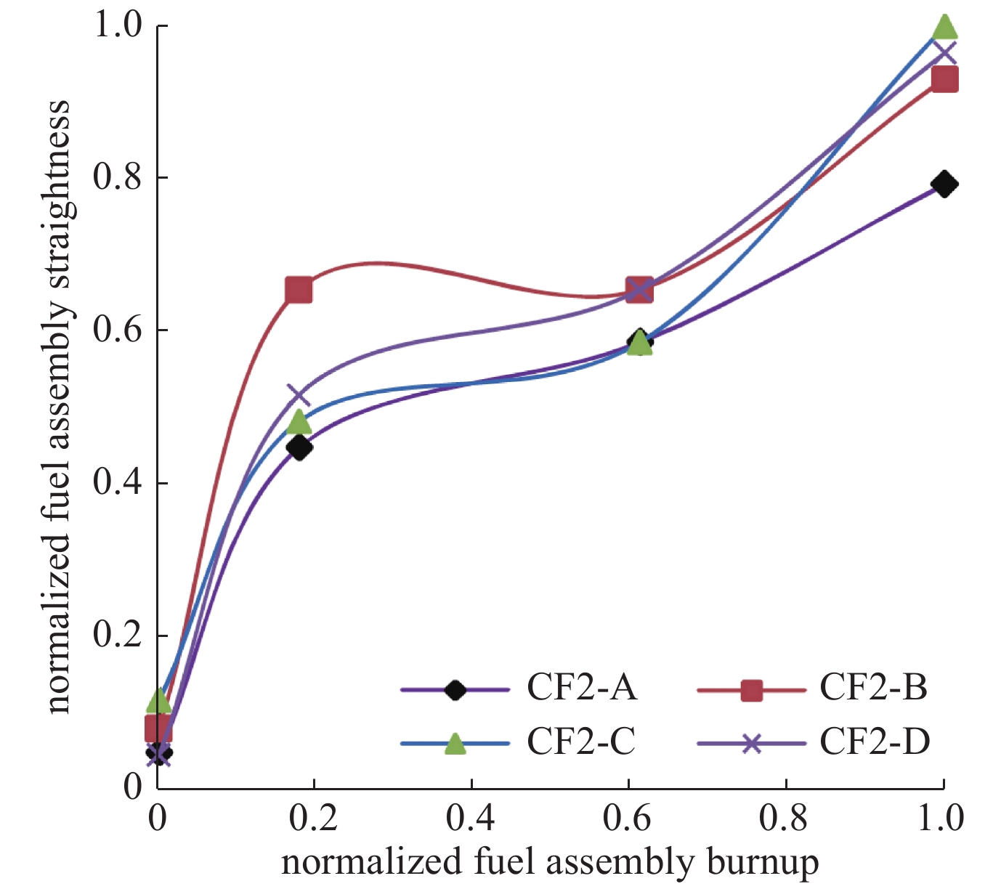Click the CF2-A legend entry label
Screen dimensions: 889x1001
click(582, 688)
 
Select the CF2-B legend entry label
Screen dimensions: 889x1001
click(874, 688)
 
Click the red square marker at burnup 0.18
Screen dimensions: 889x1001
click(299, 291)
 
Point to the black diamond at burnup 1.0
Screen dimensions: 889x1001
click(944, 184)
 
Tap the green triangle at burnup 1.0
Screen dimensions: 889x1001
click(944, 27)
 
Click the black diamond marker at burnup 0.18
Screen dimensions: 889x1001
click(299, 447)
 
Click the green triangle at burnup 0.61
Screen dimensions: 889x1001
click(639, 343)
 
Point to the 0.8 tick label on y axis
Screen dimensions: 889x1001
click(117, 178)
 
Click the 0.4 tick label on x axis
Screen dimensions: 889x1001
click(471, 819)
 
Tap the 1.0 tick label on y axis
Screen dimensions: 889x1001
click(117, 25)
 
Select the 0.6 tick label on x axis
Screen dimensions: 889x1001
click(628, 819)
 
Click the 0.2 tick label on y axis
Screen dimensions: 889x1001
click(117, 636)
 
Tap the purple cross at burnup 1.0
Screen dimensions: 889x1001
click(944, 53)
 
